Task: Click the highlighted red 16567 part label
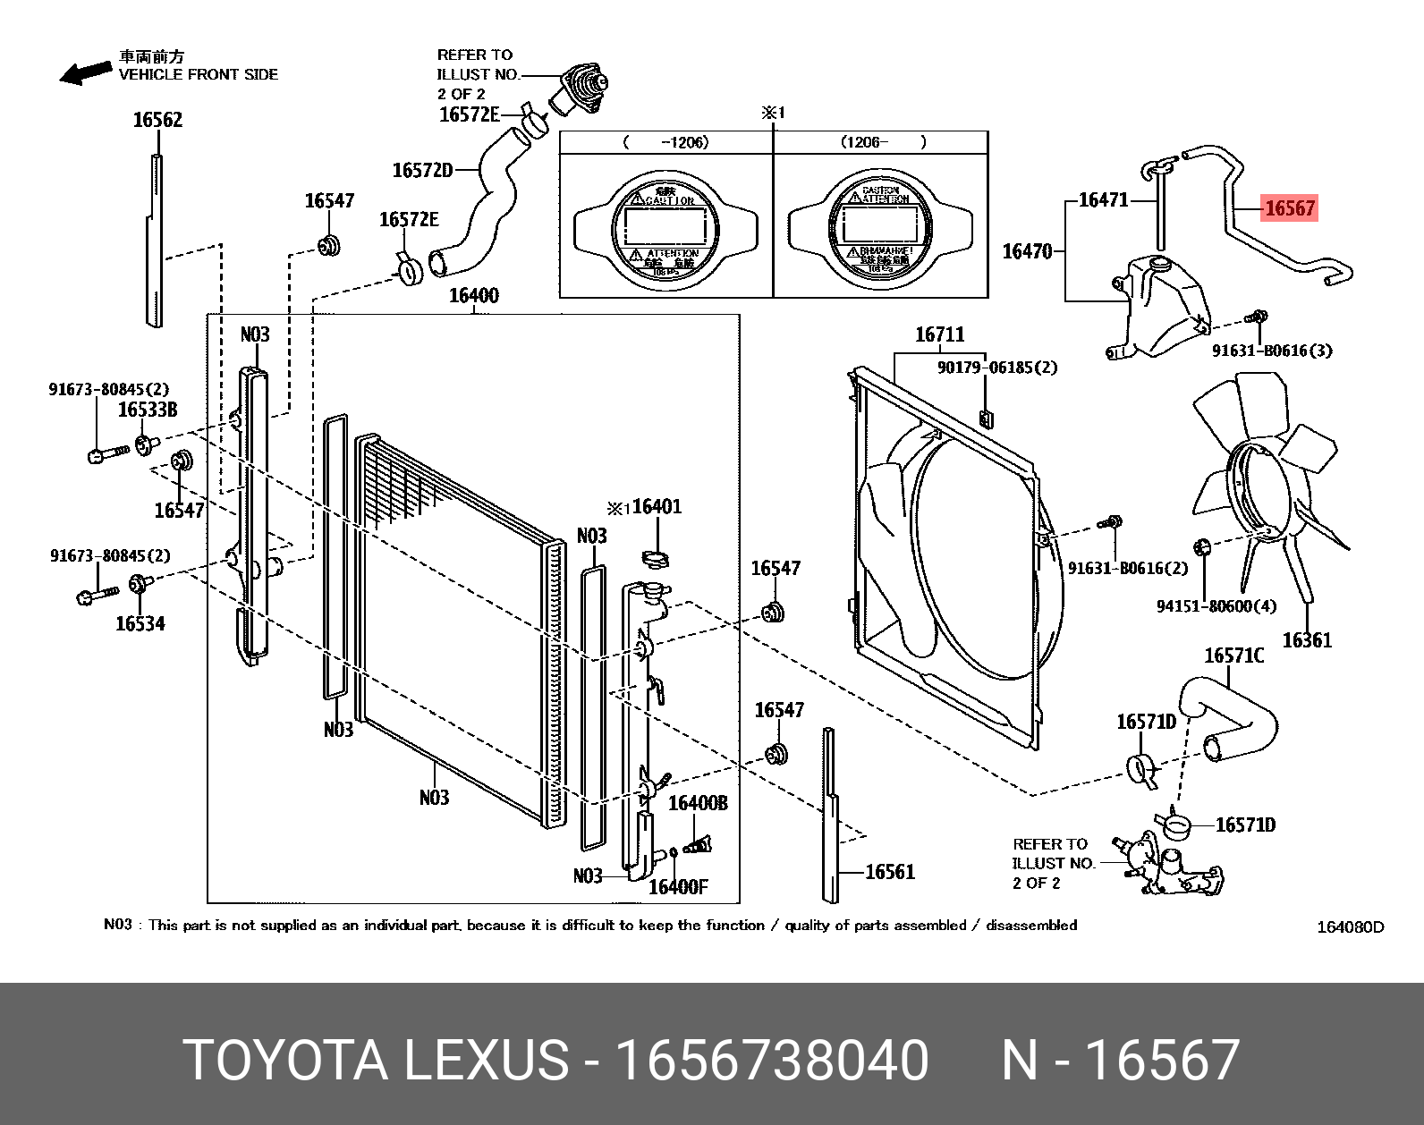pyautogui.click(x=1289, y=208)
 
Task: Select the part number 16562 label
pyautogui.click(x=157, y=120)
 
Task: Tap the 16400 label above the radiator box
pyautogui.click(x=473, y=296)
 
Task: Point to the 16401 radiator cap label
pyautogui.click(x=657, y=507)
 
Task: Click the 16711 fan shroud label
pyautogui.click(x=939, y=334)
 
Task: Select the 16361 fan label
pyautogui.click(x=1306, y=640)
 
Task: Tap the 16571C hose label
pyautogui.click(x=1233, y=656)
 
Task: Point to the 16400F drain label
pyautogui.click(x=677, y=887)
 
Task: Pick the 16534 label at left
pyautogui.click(x=140, y=623)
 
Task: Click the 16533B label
pyautogui.click(x=148, y=410)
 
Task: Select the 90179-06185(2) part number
pyautogui.click(x=996, y=368)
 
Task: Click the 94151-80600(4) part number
pyautogui.click(x=1216, y=606)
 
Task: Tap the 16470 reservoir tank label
pyautogui.click(x=1027, y=251)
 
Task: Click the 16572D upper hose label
pyautogui.click(x=422, y=170)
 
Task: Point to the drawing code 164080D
pyautogui.click(x=1349, y=927)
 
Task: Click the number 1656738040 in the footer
pyautogui.click(x=774, y=1061)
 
